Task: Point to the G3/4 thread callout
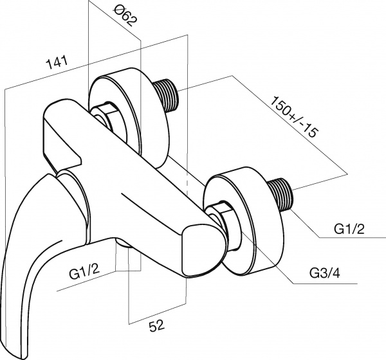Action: pos(326,274)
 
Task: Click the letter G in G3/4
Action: pos(313,274)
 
